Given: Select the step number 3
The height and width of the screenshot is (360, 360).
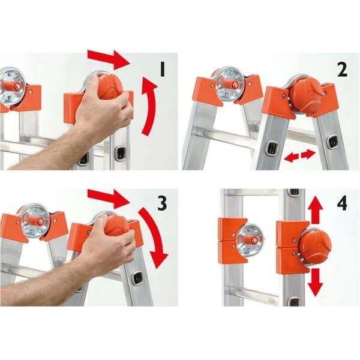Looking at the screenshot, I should (161, 203).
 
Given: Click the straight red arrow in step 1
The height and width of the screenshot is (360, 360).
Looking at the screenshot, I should (109, 59).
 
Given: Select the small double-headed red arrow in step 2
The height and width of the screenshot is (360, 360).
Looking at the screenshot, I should (299, 156).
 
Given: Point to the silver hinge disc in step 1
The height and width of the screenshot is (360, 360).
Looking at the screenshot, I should (11, 84).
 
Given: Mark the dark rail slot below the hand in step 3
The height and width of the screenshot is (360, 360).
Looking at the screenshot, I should (137, 277).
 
